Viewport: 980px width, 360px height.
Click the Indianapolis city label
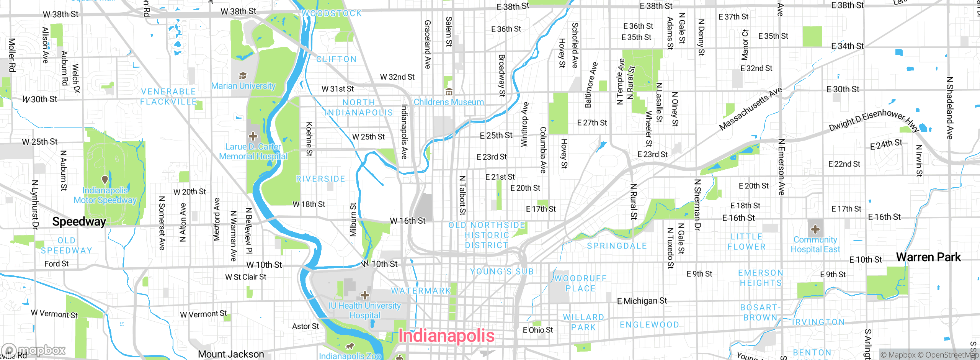coord(446,336)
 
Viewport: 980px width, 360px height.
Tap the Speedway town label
coord(79,222)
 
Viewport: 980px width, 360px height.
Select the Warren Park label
coord(928,257)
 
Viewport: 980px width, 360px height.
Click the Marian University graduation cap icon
coord(243,75)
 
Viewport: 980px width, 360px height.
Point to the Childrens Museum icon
coord(449,92)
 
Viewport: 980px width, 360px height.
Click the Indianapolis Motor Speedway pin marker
coord(105,179)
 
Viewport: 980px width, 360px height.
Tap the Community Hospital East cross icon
coord(815,229)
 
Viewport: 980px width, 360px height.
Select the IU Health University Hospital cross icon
coord(365,295)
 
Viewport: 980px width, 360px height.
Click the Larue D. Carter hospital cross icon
coord(253,136)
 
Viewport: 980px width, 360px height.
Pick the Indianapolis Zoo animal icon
coord(350,347)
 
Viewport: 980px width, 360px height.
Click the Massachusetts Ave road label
coord(750,109)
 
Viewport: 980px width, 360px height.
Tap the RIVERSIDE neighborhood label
coord(320,179)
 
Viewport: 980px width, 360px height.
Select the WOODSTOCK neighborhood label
coord(332,13)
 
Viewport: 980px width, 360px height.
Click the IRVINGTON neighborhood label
coord(818,322)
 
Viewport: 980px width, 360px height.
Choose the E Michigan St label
coord(642,301)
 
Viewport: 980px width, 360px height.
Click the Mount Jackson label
coord(231,354)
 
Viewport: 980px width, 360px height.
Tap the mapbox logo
coord(34,350)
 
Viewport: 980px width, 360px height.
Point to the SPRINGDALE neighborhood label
coord(617,246)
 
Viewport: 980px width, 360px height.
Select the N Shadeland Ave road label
coord(949,108)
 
